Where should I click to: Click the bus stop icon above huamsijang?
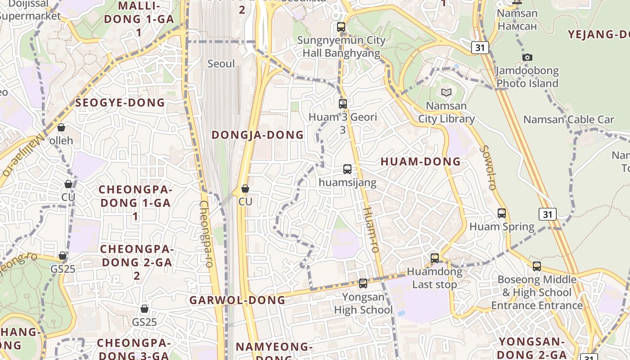coord(347,169)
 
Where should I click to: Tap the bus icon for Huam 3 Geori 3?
coord(343,104)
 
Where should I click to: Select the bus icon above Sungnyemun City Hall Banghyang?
coord(341,27)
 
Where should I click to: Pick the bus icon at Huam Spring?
coord(502,213)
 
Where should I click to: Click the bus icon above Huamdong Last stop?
coord(435,258)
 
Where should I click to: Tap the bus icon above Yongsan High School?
coord(363,283)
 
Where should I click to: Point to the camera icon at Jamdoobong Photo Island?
coord(527,57)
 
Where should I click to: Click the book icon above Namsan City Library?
coord(446,92)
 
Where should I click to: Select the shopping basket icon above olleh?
coord(61,127)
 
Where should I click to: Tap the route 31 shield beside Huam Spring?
coord(547,214)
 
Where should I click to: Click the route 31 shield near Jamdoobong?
coord(480,47)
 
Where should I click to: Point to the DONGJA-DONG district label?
coord(257,135)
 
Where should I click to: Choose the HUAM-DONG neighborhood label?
coord(421,162)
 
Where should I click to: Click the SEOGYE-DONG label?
coord(120,103)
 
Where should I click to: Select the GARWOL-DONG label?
coord(237,300)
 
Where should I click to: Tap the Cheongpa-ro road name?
coord(205,234)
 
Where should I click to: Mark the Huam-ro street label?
coord(371,229)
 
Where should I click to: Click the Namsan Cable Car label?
coord(568,120)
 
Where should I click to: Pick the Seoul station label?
coord(221,64)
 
